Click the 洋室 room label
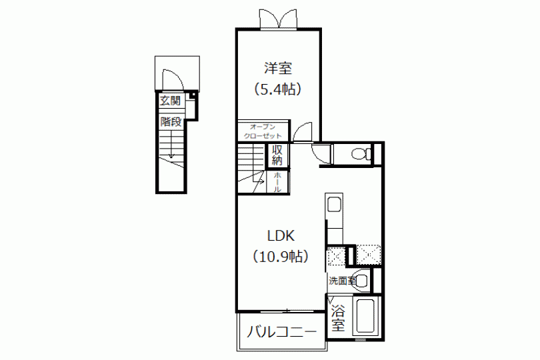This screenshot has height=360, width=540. tap(277, 69)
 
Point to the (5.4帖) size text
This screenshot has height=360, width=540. tap(278, 89)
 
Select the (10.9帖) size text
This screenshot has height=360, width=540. tap(280, 256)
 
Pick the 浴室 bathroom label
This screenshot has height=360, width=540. tap(339, 318)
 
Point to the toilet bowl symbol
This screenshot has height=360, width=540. tap(361, 154)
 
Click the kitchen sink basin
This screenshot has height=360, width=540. tap(334, 205)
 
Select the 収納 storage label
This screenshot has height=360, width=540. tap(277, 155)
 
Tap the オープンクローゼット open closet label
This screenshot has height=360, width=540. tap(262, 131)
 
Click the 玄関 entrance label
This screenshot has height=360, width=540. tap(170, 101)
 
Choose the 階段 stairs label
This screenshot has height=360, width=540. tap(171, 122)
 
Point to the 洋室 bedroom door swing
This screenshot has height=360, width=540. tap(306, 131)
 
